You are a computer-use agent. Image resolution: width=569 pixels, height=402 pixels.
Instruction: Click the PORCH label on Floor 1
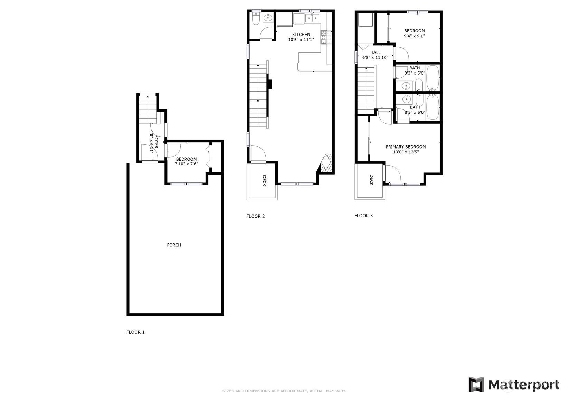[x=174, y=245]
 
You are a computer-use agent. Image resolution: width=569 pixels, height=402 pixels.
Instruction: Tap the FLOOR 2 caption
[x=255, y=216]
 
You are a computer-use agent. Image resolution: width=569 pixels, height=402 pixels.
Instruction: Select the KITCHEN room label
[x=301, y=35]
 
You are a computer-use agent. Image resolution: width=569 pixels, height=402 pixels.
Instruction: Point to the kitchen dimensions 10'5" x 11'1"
[x=301, y=40]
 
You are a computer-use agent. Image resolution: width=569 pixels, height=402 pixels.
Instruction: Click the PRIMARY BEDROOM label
[x=406, y=147]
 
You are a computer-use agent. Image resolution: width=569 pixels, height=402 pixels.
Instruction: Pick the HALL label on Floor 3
[x=375, y=52]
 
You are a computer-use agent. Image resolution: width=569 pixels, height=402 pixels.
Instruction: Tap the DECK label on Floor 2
[x=264, y=181]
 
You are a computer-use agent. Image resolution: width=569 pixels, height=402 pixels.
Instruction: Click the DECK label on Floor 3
[x=372, y=180]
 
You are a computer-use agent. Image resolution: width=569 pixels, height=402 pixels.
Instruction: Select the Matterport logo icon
[x=476, y=385]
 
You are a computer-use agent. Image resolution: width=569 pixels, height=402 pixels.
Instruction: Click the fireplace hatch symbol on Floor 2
[x=326, y=163]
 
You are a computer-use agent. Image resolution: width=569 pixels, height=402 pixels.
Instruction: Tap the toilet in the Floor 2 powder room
[x=256, y=19]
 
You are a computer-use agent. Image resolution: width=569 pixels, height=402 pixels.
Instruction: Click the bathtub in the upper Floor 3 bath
[x=433, y=77]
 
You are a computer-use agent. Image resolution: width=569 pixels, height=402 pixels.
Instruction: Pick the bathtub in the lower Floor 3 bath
[x=433, y=107]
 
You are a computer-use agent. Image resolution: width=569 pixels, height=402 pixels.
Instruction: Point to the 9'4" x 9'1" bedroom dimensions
[x=414, y=36]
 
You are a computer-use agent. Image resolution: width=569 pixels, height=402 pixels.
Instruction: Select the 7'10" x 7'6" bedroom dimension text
[x=186, y=164]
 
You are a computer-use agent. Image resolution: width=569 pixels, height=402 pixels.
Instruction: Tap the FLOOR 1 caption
[x=135, y=332]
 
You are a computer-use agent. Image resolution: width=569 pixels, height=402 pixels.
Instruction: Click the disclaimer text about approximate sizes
[x=284, y=391]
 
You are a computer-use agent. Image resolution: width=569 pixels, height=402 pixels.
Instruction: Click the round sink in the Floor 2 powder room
[x=268, y=18]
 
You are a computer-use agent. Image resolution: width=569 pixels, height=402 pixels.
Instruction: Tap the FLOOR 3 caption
[x=363, y=216]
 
